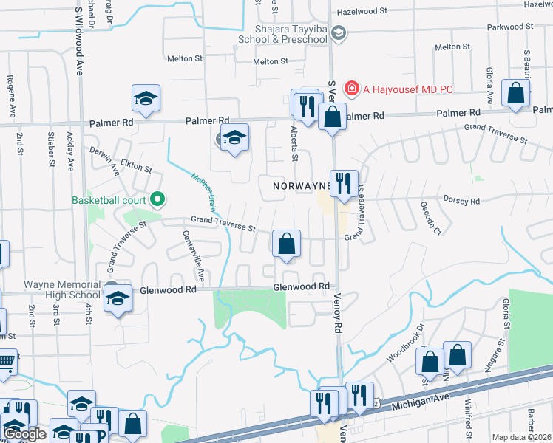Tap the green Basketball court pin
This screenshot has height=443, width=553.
157,199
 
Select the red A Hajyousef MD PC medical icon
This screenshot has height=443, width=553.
350,89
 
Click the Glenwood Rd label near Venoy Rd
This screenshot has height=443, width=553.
301,286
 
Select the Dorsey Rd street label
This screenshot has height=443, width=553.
461,200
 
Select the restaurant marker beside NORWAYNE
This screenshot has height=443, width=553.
343,184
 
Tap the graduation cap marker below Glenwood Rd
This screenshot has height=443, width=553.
116,300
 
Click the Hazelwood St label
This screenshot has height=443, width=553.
362,12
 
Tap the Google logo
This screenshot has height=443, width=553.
24,434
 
